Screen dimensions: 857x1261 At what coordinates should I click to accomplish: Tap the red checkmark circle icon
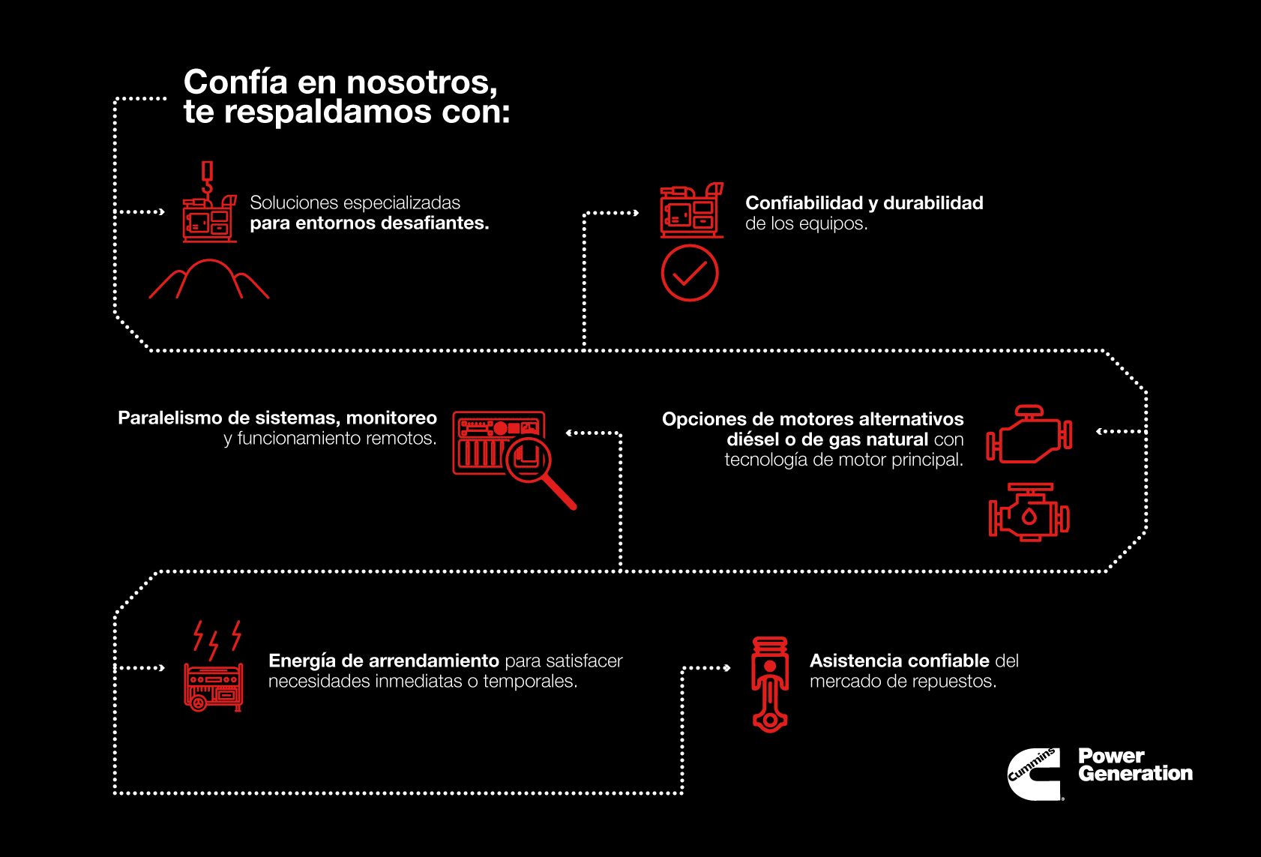690,274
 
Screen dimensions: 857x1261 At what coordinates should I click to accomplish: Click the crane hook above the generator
207,180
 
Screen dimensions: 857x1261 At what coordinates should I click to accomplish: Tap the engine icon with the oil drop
1029,514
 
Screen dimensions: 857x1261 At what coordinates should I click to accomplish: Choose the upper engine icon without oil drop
1029,434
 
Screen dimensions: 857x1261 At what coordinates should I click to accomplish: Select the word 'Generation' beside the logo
1135,774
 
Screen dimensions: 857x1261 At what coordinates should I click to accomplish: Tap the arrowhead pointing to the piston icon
726,668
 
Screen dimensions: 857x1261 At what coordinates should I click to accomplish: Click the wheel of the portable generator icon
198,703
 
